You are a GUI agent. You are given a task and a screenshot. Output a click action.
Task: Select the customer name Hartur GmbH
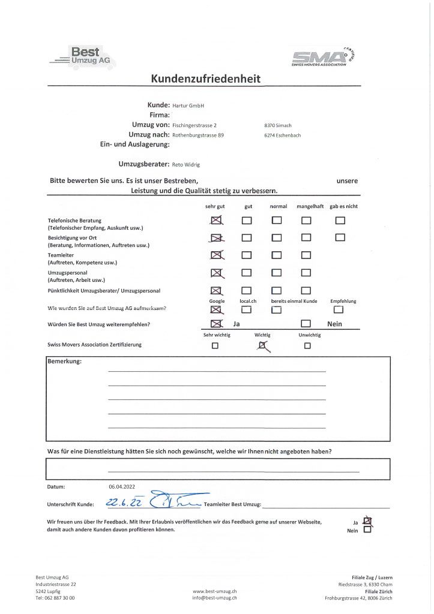[x=188, y=106]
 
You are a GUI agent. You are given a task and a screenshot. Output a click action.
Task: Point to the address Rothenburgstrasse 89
[x=197, y=136]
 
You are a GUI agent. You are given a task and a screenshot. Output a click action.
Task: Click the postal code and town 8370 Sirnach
[x=278, y=125]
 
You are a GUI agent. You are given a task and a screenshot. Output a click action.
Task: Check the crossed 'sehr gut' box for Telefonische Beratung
[x=217, y=221]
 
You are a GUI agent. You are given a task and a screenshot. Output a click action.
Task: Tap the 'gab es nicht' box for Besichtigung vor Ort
[x=340, y=237]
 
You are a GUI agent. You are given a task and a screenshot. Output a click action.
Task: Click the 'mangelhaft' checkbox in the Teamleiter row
[x=306, y=255]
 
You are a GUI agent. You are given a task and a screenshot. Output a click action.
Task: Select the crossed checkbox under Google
[x=216, y=309]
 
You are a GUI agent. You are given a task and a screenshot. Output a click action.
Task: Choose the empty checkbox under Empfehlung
[x=338, y=309]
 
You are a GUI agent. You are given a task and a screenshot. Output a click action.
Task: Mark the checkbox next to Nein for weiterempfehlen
[x=306, y=324]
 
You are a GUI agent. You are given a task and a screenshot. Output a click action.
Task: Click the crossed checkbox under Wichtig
[x=262, y=345]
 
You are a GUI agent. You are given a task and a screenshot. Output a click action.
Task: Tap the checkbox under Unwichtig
[x=307, y=346]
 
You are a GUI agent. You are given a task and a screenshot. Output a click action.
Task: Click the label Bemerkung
[x=64, y=362]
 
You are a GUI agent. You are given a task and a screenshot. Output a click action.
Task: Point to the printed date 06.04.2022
[x=122, y=487]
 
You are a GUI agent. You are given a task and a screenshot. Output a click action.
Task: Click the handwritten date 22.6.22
[x=120, y=502]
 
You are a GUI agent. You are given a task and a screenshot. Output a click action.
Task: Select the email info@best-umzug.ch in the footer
[x=214, y=598]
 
